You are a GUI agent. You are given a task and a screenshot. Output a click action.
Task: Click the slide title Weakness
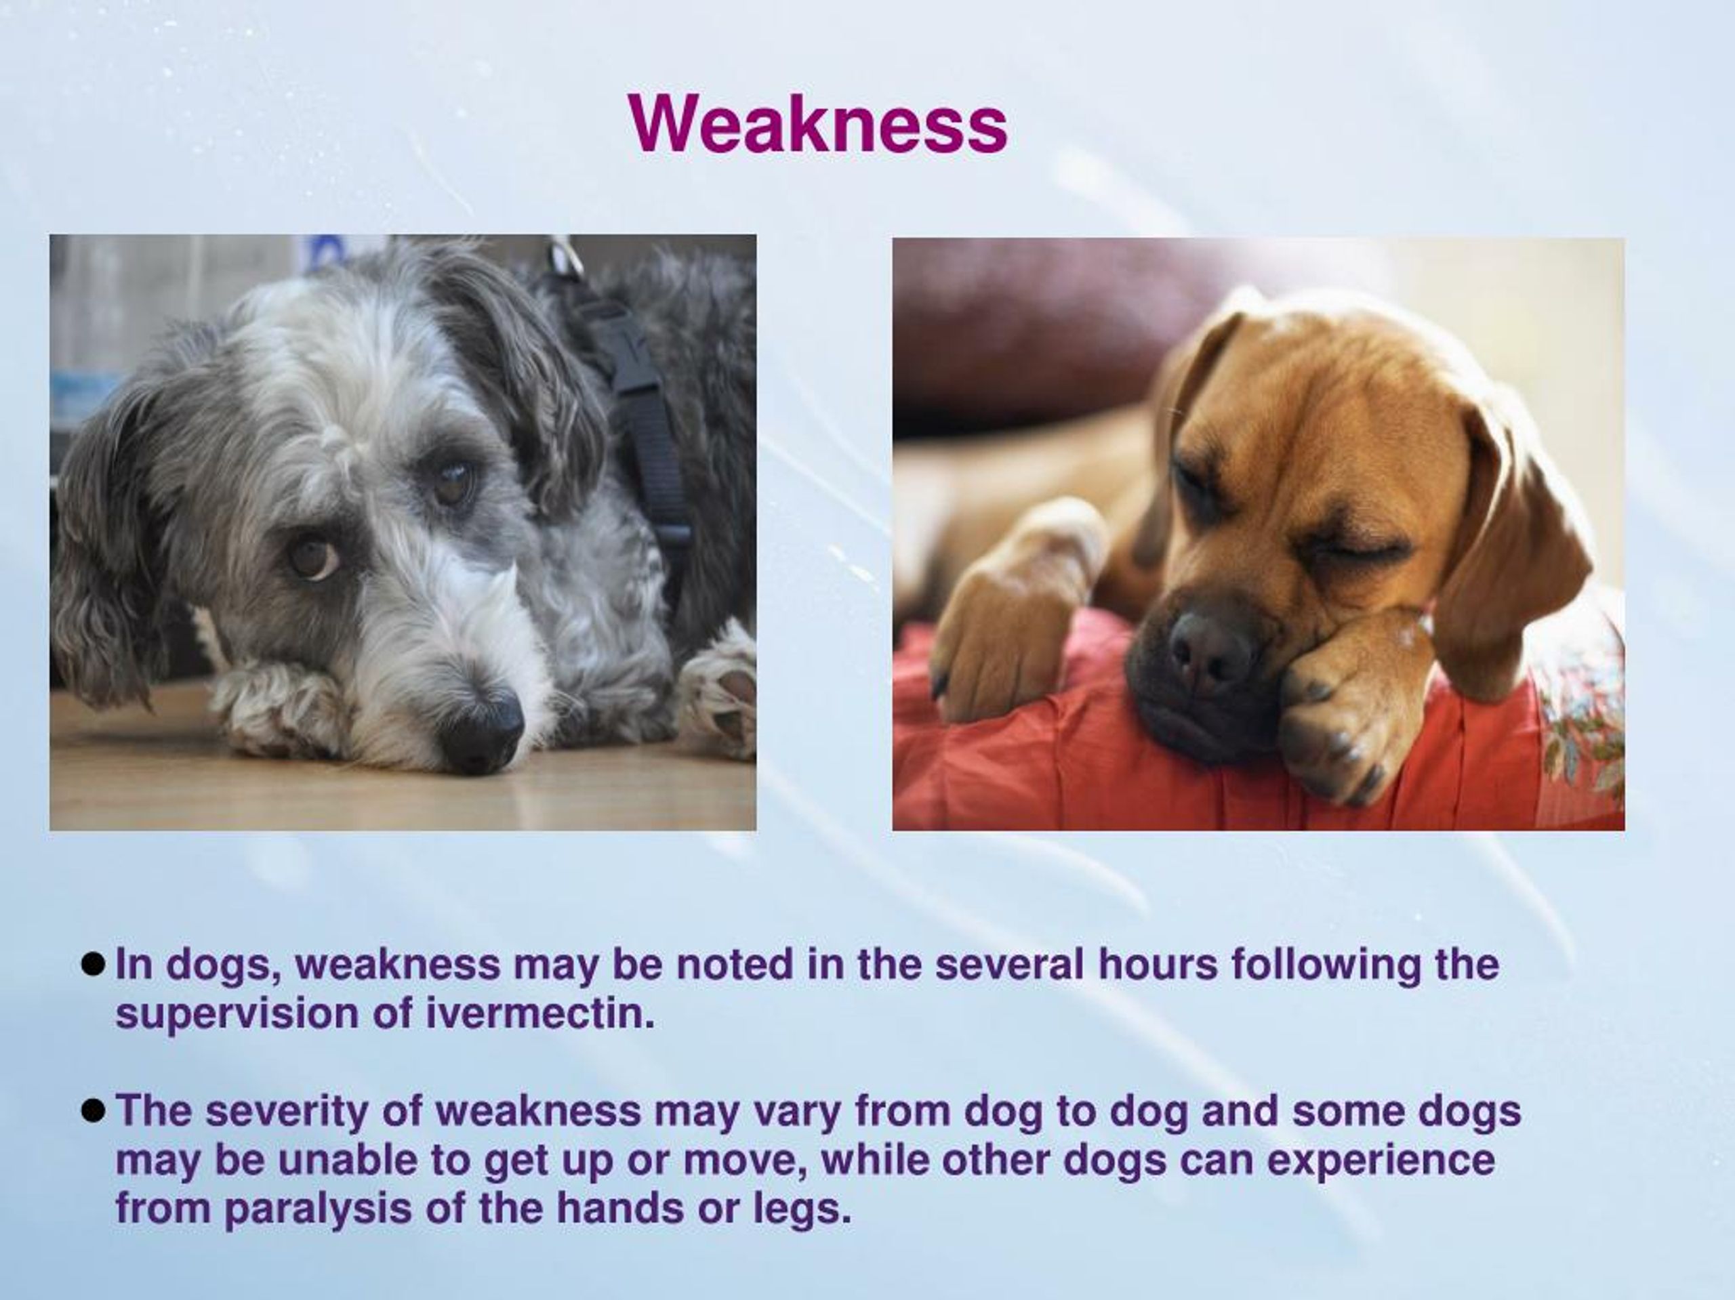817,125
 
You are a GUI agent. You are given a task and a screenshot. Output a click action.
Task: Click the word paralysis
318,1209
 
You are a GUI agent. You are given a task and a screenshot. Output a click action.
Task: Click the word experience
1381,1160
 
